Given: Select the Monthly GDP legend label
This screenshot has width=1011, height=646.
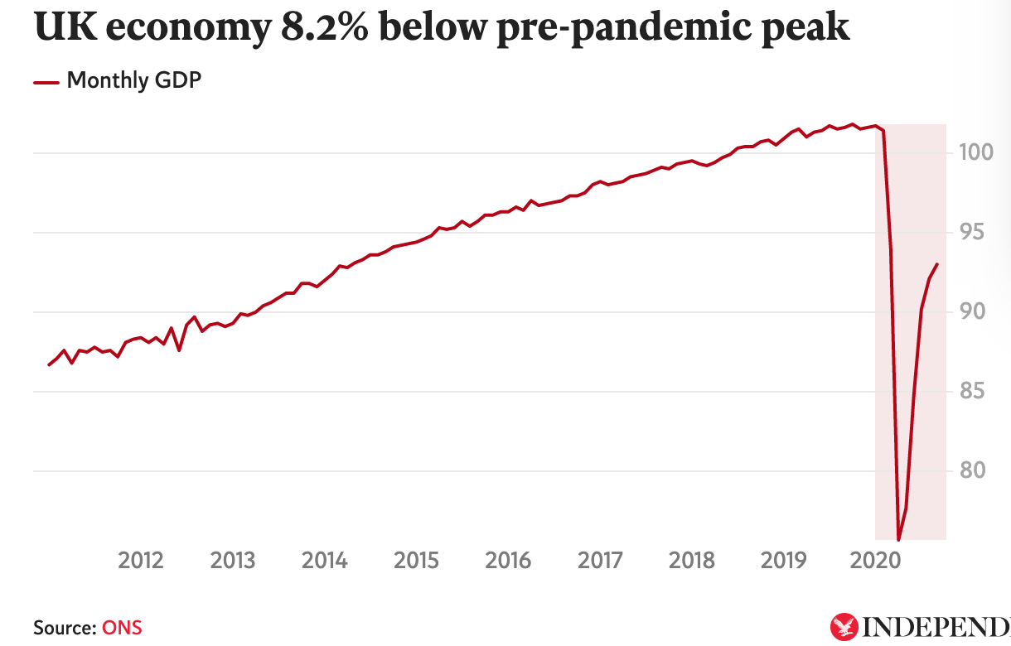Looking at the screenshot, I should coord(134,80).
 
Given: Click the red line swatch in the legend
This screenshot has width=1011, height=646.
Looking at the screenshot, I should coord(46,82).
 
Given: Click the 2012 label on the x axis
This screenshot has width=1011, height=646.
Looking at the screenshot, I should coord(141,561).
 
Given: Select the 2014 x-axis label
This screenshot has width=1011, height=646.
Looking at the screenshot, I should coord(325,561).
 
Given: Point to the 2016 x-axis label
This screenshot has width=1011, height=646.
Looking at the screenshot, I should coord(508,561).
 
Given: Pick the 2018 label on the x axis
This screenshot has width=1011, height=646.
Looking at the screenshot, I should coord(692,561).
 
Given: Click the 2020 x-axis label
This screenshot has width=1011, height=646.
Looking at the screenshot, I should coord(876,561).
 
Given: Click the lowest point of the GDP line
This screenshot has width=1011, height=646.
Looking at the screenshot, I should coord(898,539).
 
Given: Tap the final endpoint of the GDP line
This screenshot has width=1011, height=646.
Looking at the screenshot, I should coord(936,265).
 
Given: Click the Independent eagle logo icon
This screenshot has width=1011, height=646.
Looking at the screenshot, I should coord(844,626).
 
